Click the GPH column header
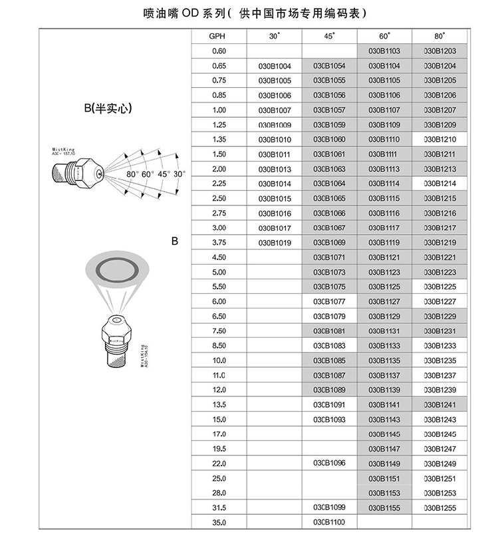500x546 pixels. coord(219,37)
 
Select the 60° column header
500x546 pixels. coord(384,37)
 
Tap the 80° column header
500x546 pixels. coord(439,37)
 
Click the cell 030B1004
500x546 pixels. coord(275,66)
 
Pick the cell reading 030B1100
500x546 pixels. coord(329,522)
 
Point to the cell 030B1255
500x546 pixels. coord(439,507)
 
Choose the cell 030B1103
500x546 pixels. coord(384,51)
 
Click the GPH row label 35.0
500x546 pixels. coord(219,522)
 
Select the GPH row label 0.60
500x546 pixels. coord(219,51)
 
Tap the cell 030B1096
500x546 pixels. coord(329,463)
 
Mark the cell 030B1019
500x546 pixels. coord(275,243)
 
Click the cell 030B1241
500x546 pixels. coord(439,404)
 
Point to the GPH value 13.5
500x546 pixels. coord(219,404)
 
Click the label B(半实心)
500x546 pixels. coord(108,108)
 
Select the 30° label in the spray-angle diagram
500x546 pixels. coord(180,174)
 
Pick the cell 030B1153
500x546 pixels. coord(384,493)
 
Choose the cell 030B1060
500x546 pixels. coord(329,140)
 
